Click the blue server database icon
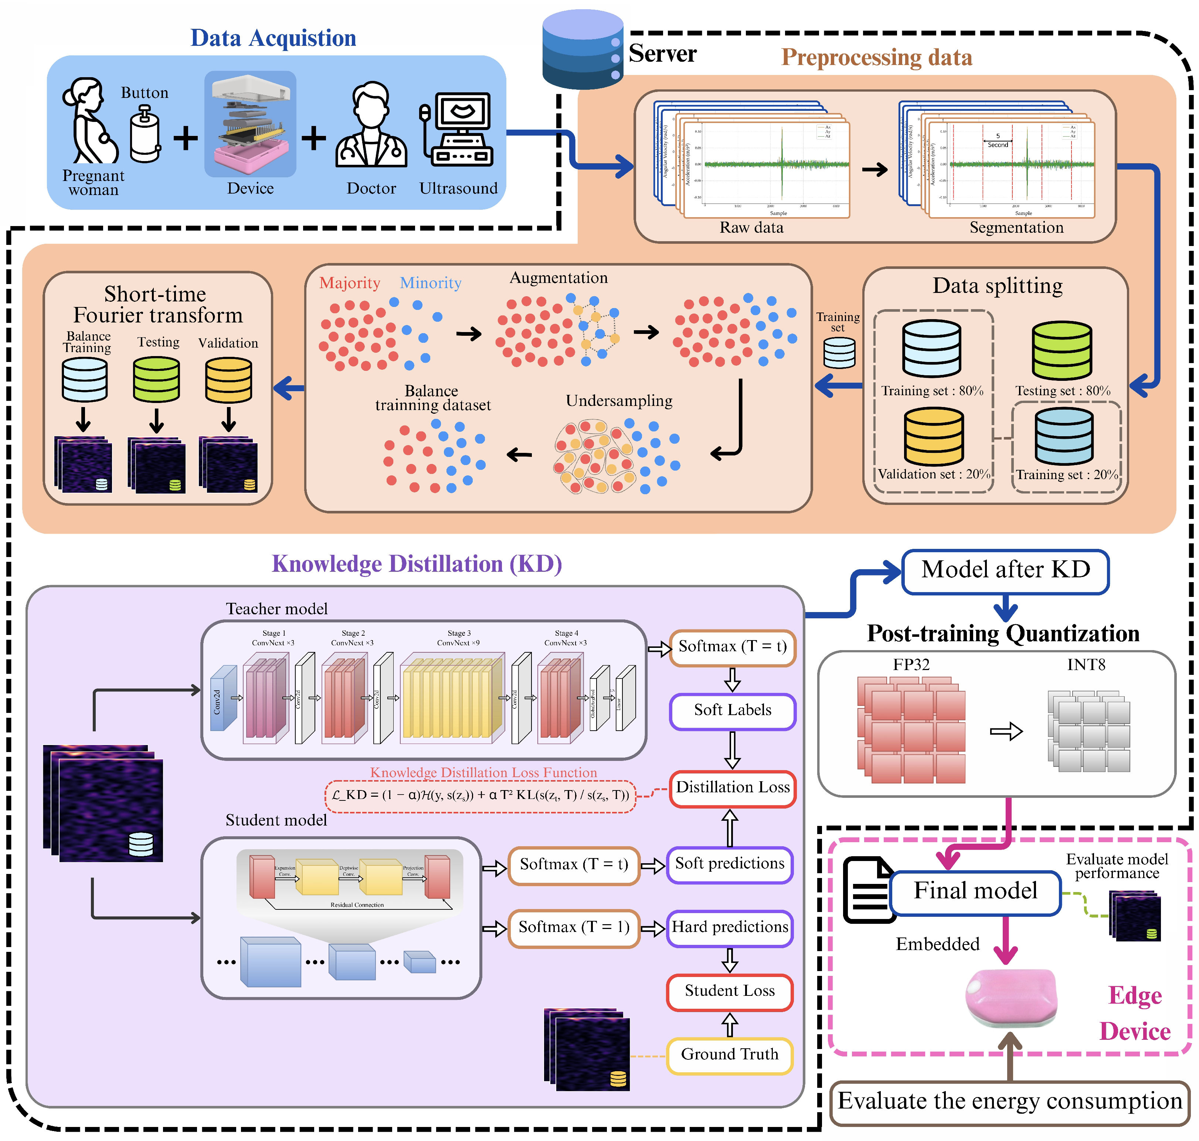click(x=582, y=50)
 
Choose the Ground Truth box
click(x=730, y=1055)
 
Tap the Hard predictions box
click(x=730, y=928)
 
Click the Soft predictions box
click(x=730, y=864)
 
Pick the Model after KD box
click(x=1005, y=570)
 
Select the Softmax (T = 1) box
click(x=574, y=928)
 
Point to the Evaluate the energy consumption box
click(x=1010, y=1101)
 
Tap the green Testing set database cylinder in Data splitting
click(x=1062, y=351)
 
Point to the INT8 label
click(x=1086, y=665)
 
